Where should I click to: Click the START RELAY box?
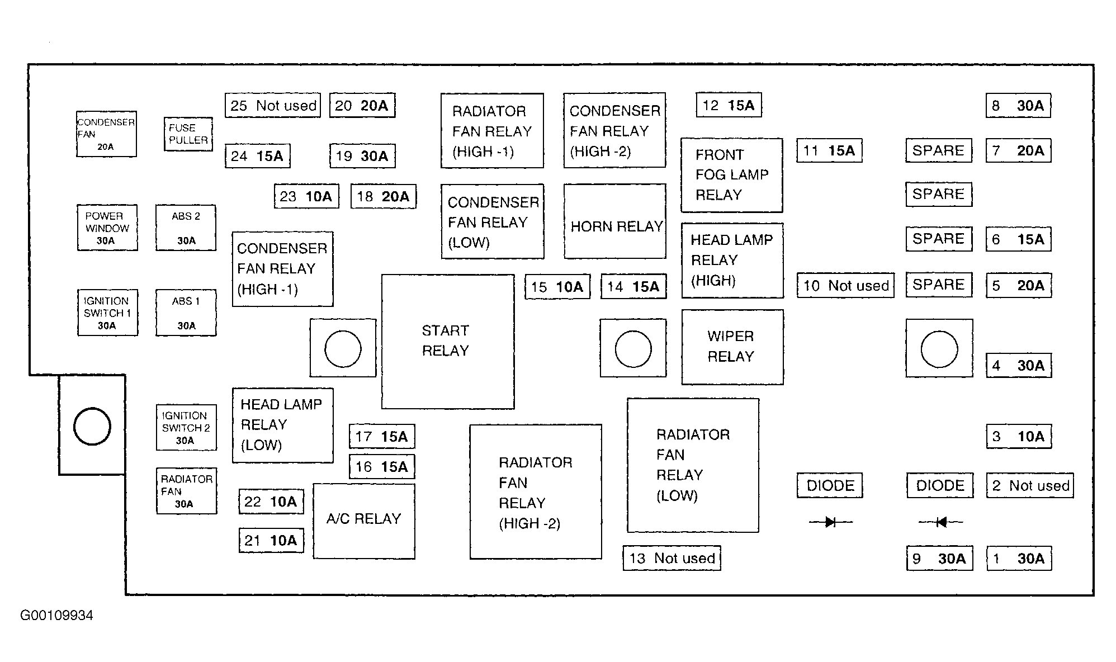tap(448, 342)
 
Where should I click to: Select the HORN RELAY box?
tap(615, 221)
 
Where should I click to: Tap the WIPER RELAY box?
tap(732, 347)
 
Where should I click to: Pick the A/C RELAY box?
tap(364, 521)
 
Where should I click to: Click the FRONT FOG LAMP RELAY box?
tap(732, 176)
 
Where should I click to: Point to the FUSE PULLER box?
tap(188, 134)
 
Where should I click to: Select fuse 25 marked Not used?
tap(273, 105)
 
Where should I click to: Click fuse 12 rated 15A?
tap(729, 105)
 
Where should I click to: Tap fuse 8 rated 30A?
tap(1018, 106)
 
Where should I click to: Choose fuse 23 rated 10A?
tap(306, 196)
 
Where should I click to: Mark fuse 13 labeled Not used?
tap(672, 558)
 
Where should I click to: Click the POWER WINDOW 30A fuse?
tap(107, 228)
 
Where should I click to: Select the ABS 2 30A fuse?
tap(186, 228)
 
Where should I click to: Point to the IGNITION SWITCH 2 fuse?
tap(186, 428)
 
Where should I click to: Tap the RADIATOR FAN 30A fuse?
tap(187, 491)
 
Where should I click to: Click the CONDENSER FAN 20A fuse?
tap(106, 134)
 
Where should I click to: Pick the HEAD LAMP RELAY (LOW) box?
tap(283, 425)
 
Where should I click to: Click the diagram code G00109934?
tap(56, 616)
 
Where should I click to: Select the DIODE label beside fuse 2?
tap(940, 485)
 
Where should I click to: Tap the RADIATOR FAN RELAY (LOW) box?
tap(693, 465)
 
